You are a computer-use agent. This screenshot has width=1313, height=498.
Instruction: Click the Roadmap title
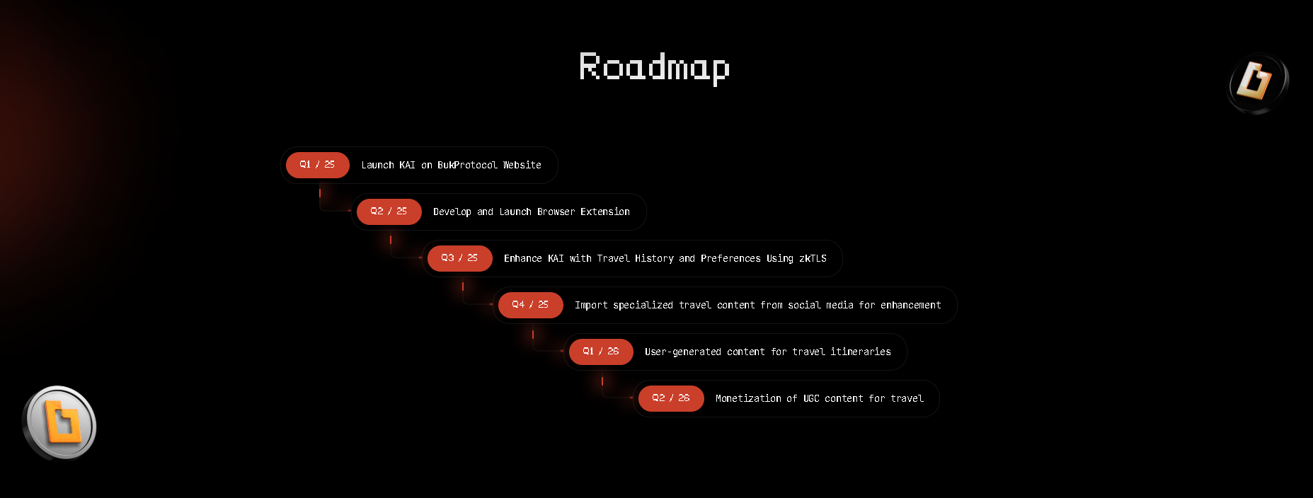coord(654,68)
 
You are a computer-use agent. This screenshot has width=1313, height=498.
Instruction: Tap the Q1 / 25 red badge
coord(318,165)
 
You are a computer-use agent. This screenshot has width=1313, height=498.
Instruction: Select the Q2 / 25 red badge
coord(389,212)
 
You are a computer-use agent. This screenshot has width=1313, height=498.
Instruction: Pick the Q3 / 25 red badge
coord(460,258)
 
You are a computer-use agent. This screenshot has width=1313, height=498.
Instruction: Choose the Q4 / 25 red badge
coord(531,305)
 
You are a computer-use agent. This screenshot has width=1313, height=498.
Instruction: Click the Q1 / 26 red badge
coord(601,352)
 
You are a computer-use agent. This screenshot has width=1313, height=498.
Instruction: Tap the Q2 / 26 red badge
coord(671,398)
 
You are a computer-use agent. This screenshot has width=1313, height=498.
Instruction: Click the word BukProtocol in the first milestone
coord(467,165)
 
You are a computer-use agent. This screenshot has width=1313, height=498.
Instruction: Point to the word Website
coord(522,165)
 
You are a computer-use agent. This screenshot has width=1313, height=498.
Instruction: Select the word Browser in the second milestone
coord(556,212)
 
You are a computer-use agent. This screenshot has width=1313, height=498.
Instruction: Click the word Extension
coord(605,212)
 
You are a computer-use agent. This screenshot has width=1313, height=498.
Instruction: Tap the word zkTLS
coord(813,258)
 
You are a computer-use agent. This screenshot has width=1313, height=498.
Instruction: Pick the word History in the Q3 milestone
coord(654,259)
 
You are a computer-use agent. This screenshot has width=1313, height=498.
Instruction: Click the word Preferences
coord(730,258)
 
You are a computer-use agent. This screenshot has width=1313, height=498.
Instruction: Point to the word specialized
coord(643,306)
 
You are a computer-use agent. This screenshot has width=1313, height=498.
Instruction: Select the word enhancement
coord(911,305)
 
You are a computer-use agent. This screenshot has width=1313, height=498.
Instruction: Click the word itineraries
coord(861,352)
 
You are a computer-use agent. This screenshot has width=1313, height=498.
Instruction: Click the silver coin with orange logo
coord(59,423)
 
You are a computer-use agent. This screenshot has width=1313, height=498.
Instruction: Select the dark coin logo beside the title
coord(1258,83)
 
